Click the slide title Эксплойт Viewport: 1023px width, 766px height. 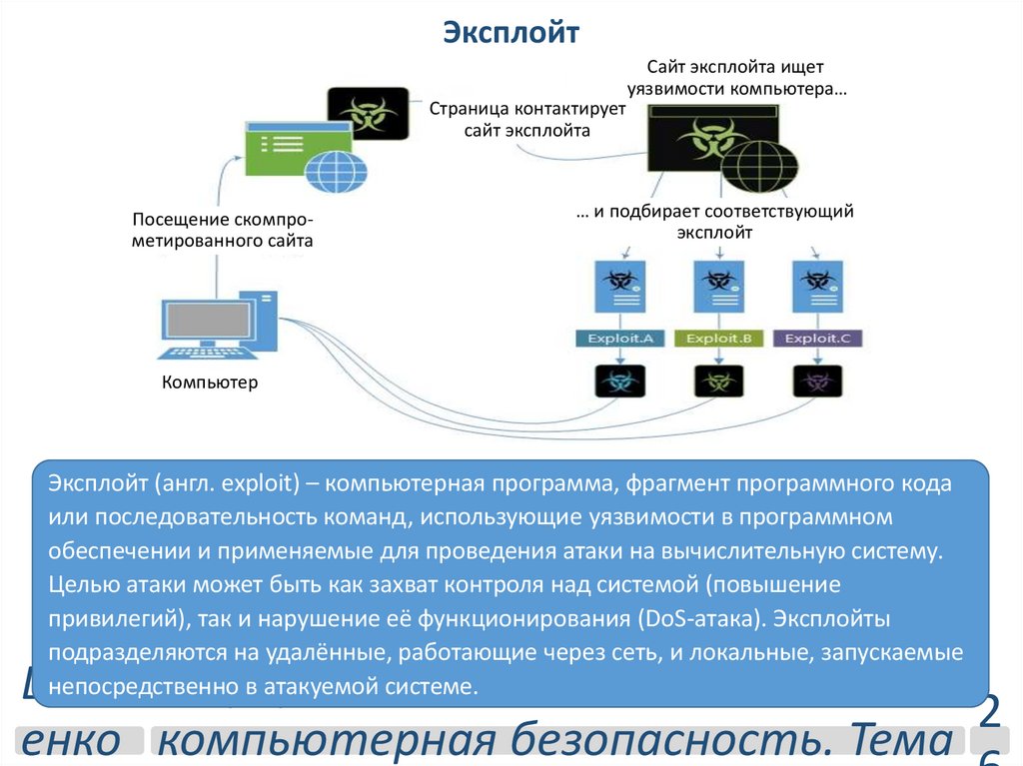(x=511, y=34)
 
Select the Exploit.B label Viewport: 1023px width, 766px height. (x=718, y=339)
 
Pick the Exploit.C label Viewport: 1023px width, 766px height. (x=816, y=339)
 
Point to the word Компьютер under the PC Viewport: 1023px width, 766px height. (x=210, y=382)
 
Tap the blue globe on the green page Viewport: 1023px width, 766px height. (x=337, y=170)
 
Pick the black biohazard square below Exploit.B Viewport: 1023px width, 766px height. (x=718, y=381)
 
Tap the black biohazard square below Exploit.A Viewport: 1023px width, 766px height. (x=620, y=381)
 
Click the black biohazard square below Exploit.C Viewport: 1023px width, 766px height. (x=817, y=381)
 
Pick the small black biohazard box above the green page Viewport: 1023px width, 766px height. (x=368, y=112)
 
